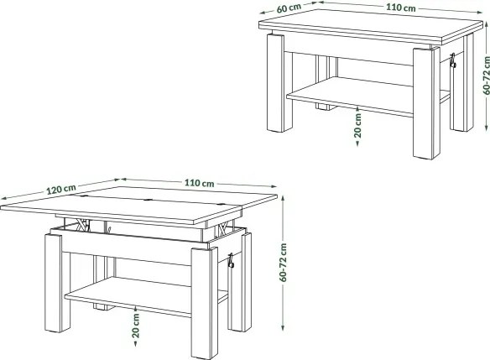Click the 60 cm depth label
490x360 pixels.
pyautogui.click(x=289, y=8)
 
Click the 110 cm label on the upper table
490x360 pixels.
pyautogui.click(x=400, y=8)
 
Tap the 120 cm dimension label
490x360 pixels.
pyautogui.click(x=61, y=189)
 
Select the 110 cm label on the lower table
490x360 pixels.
pyautogui.click(x=199, y=183)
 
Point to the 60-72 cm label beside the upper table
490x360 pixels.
pyautogui.click(x=487, y=76)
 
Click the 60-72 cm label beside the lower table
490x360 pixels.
pyautogui.click(x=283, y=263)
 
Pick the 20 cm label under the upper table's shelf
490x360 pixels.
pyautogui.click(x=357, y=126)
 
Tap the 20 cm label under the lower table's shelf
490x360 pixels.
pyautogui.click(x=136, y=326)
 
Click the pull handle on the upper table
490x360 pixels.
pyautogui.click(x=452, y=60)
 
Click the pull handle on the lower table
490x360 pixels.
pyautogui.click(x=231, y=261)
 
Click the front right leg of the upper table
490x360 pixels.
pyautogui.click(x=427, y=103)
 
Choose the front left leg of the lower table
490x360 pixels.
pyautogui.click(x=54, y=283)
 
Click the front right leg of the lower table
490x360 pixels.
pyautogui.click(x=205, y=303)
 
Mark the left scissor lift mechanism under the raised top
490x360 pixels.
pyautogui.click(x=82, y=225)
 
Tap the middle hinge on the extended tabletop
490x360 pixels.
pyautogui.click(x=148, y=201)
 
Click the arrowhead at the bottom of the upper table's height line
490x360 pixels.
pyautogui.click(x=487, y=128)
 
